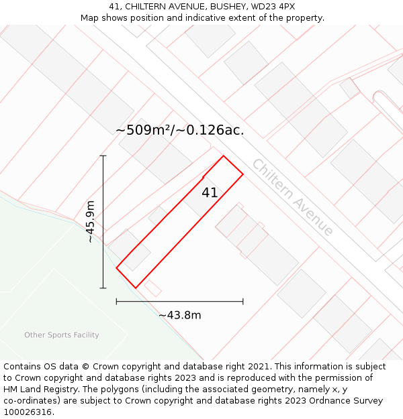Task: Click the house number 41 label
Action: coord(210,193)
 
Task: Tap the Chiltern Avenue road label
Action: coord(292,197)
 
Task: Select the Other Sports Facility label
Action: coord(62,335)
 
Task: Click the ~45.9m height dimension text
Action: coord(91,222)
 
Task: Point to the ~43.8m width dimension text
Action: coord(180,316)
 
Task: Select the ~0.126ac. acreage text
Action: coord(210,130)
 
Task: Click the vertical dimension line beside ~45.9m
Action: coord(103,221)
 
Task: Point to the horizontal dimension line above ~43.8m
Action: coord(180,302)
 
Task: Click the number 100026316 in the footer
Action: coord(28,412)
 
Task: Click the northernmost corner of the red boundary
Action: coord(223,156)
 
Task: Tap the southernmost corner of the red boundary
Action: coord(136,288)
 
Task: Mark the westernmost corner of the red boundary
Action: coord(117,268)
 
